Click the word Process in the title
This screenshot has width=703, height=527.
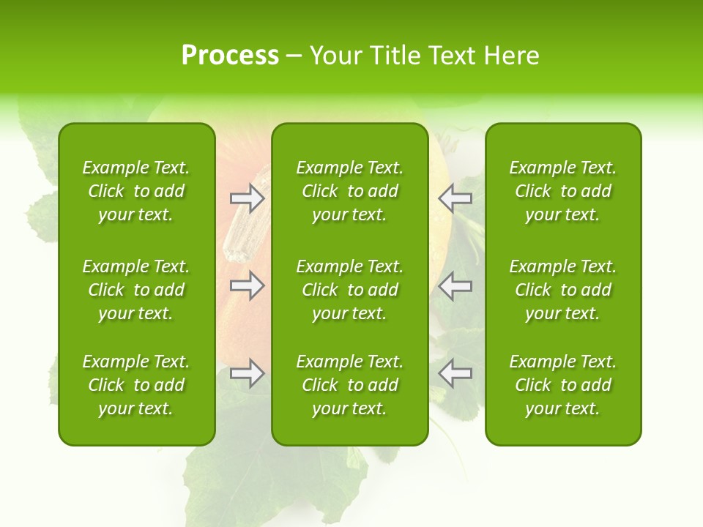(230, 56)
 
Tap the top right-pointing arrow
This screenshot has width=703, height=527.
(247, 198)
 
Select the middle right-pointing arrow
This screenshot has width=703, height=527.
(247, 285)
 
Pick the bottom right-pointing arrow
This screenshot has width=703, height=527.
(247, 374)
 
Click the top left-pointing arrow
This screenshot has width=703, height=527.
(455, 198)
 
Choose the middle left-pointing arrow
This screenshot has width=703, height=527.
(455, 285)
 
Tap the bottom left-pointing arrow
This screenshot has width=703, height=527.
(455, 374)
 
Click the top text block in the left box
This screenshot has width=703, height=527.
(136, 191)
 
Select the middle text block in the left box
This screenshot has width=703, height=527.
(136, 290)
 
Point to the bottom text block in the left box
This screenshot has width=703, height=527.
(136, 385)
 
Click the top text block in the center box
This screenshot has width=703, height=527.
(349, 191)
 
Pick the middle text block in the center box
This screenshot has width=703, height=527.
(349, 290)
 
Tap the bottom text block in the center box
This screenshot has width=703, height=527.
(349, 385)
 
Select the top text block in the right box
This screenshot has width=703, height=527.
(562, 191)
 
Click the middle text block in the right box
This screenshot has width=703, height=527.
(562, 290)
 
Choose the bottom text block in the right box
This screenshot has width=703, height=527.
(562, 385)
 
